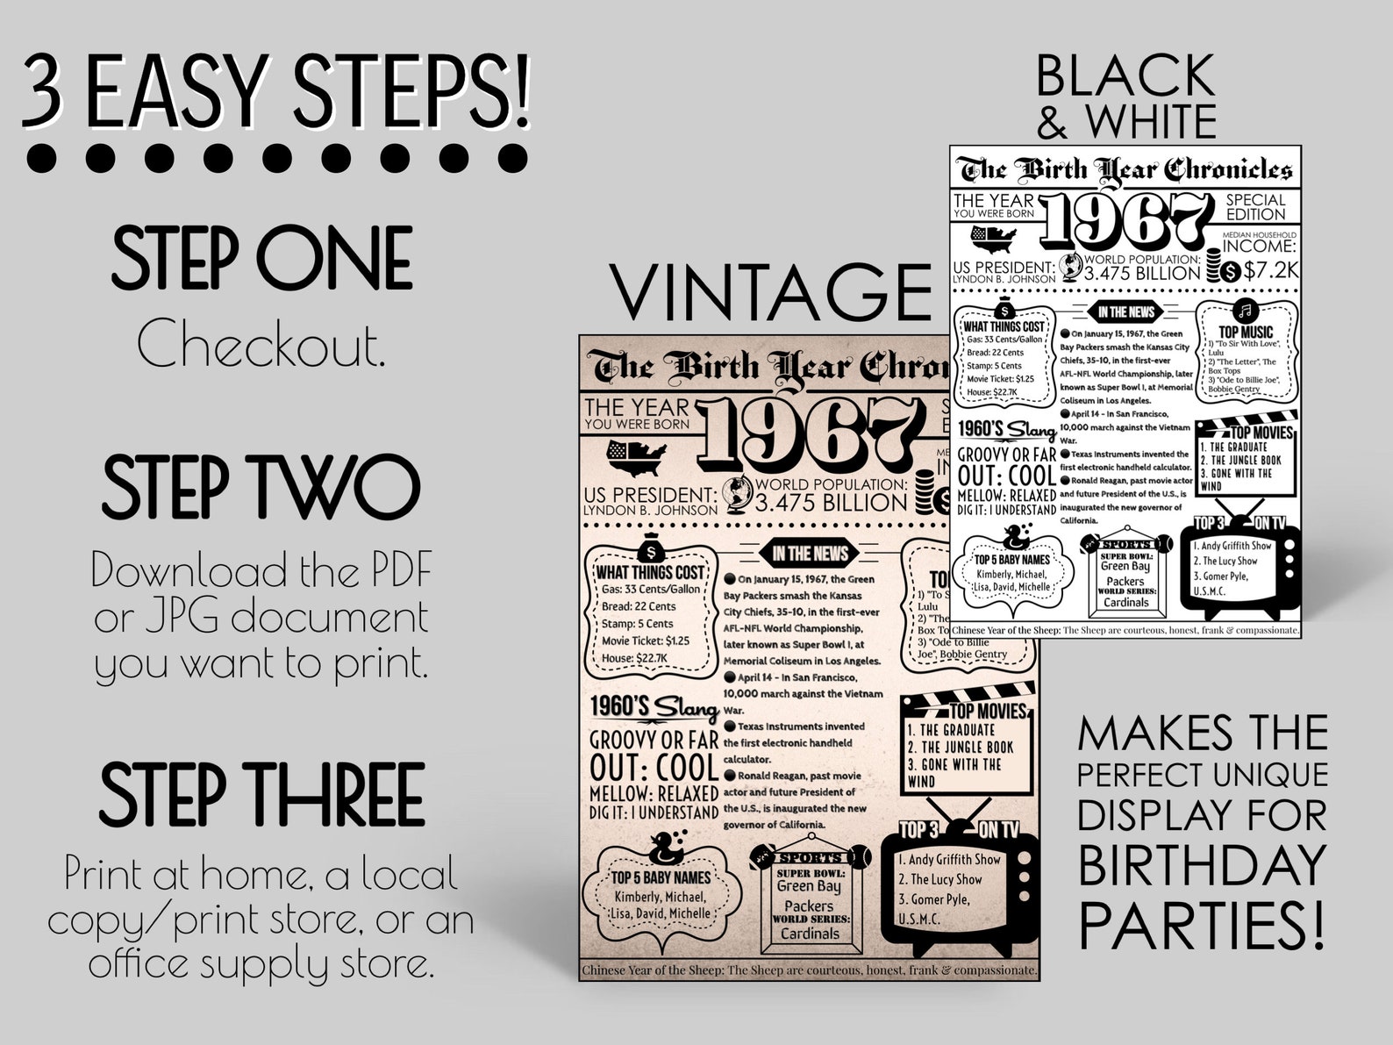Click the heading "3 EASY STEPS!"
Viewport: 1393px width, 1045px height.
[x=276, y=90]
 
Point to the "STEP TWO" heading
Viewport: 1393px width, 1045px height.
[x=261, y=488]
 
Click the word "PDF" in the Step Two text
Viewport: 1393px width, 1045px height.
[x=395, y=572]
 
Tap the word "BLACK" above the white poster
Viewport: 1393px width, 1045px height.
[x=1125, y=75]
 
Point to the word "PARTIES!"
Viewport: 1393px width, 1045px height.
[x=1202, y=921]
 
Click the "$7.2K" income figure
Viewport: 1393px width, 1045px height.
[x=1270, y=270]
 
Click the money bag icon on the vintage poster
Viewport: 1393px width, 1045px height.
[x=650, y=550]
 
